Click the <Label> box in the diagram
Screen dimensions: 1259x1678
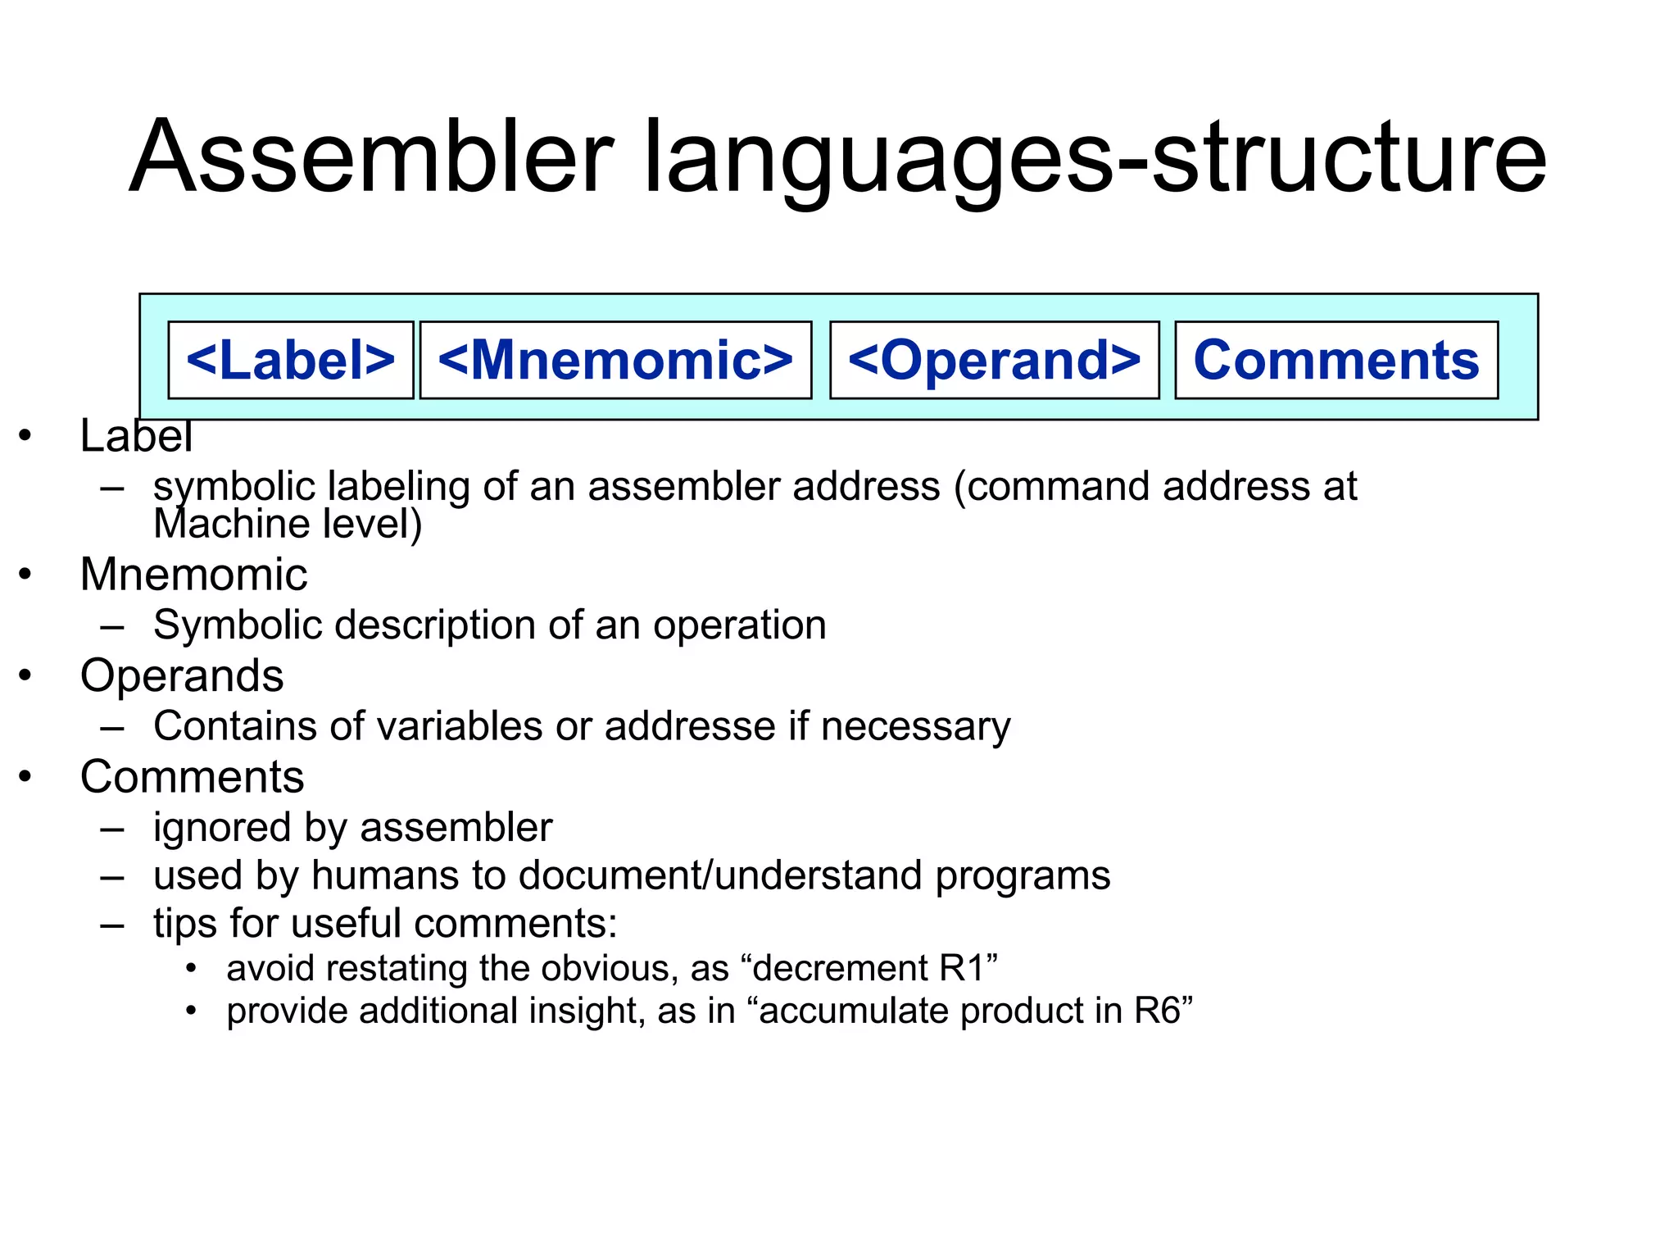click(x=290, y=360)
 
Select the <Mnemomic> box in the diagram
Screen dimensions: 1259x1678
click(x=615, y=360)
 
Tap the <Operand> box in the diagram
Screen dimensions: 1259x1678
click(x=994, y=360)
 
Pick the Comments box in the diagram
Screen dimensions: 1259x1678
click(x=1336, y=360)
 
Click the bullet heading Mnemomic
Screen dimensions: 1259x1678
click(x=193, y=574)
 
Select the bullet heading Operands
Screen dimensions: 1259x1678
click(x=182, y=676)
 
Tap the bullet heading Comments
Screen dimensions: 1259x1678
click(x=192, y=777)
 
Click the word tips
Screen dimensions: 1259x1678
click(x=184, y=924)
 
